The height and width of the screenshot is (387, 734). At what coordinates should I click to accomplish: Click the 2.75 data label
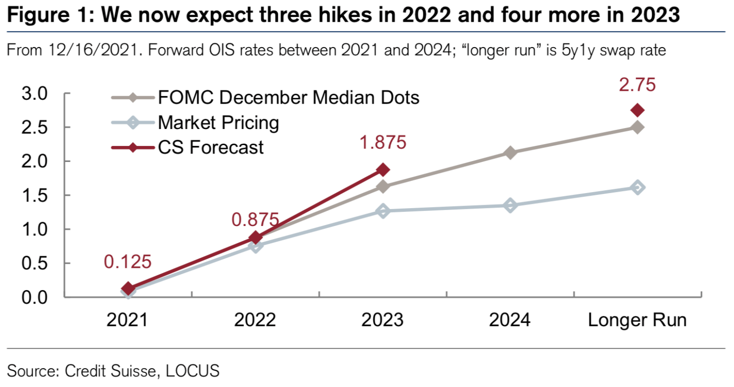[x=637, y=85]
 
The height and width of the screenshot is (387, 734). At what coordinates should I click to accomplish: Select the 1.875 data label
[x=383, y=143]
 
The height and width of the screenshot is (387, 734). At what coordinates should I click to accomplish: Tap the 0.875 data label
[x=255, y=220]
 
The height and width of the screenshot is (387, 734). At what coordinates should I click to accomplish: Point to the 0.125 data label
[x=128, y=262]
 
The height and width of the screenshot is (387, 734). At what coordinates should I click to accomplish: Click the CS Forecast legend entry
[x=210, y=148]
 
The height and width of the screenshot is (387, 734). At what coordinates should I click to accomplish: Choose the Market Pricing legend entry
[x=218, y=123]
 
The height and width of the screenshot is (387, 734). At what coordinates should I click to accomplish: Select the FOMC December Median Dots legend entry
[x=288, y=98]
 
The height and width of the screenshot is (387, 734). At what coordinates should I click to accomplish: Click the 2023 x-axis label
[x=382, y=320]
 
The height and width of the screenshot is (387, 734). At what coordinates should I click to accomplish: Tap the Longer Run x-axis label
[x=637, y=320]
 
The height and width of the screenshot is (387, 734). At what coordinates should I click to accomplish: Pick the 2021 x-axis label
[x=127, y=320]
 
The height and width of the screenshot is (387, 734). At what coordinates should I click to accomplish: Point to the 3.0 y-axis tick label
[x=35, y=94]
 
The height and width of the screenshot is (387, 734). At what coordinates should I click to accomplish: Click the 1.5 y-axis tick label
[x=35, y=195]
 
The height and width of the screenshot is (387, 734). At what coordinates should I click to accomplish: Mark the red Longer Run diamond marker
[x=637, y=111]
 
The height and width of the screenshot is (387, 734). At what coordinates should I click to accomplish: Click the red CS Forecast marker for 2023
[x=383, y=169]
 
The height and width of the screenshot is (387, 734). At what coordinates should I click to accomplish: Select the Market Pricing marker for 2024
[x=510, y=205]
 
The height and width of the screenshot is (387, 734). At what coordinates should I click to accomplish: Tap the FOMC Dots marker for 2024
[x=510, y=153]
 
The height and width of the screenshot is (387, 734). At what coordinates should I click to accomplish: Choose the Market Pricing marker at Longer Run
[x=637, y=187]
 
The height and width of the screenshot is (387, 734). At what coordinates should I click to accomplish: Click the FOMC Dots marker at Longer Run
[x=637, y=128]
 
